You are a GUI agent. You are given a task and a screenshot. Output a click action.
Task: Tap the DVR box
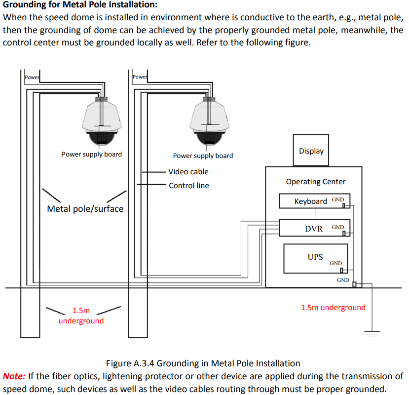click(x=314, y=228)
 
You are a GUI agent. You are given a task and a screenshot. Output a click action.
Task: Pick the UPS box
click(x=315, y=258)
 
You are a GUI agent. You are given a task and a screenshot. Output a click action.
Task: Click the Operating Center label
click(x=316, y=182)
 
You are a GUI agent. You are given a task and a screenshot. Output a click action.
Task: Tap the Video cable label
click(x=188, y=172)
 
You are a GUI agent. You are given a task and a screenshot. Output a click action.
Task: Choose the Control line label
click(x=188, y=186)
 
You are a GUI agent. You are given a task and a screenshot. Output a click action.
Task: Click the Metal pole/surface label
click(x=85, y=209)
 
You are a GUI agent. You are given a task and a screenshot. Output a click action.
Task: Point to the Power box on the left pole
click(x=32, y=77)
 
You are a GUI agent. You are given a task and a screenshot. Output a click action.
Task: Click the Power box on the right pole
click(x=140, y=77)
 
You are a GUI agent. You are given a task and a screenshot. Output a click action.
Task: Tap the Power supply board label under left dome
click(x=92, y=154)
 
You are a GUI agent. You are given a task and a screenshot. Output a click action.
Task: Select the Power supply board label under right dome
click(x=203, y=156)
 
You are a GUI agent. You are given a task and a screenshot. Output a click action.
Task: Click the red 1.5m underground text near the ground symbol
click(x=333, y=308)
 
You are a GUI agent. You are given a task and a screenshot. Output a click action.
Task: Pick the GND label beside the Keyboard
click(x=338, y=199)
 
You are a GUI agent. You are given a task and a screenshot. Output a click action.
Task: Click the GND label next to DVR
click(x=338, y=227)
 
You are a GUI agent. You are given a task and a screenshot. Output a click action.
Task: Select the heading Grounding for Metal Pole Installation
click(x=80, y=5)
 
